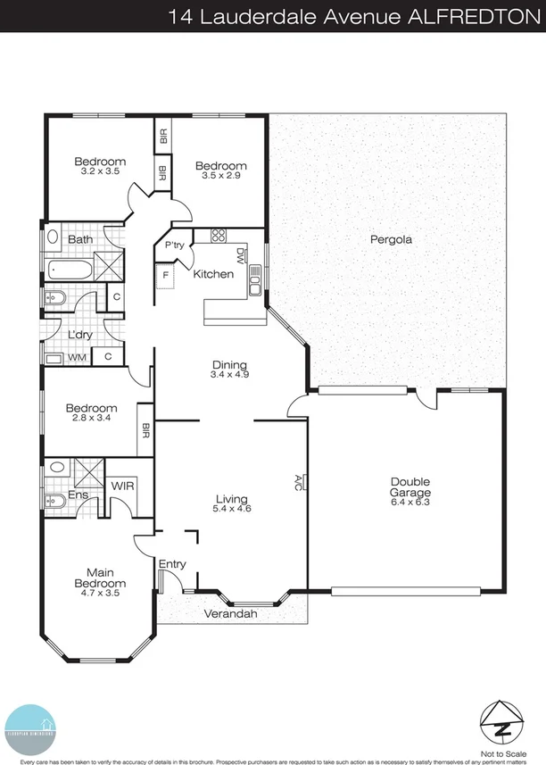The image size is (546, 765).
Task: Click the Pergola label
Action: click(390, 239)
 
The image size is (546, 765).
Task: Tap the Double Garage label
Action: click(410, 487)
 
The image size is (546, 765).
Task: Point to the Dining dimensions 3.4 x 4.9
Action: click(229, 375)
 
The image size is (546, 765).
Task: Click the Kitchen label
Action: click(213, 274)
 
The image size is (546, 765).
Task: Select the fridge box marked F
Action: click(165, 276)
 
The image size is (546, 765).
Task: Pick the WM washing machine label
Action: click(78, 357)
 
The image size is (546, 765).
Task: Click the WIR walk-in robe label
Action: click(121, 486)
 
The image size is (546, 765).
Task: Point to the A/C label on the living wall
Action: click(300, 483)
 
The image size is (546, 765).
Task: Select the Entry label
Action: click(171, 564)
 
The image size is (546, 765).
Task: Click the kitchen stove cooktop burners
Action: click(219, 237)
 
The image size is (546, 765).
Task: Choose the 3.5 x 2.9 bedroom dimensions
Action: click(220, 177)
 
